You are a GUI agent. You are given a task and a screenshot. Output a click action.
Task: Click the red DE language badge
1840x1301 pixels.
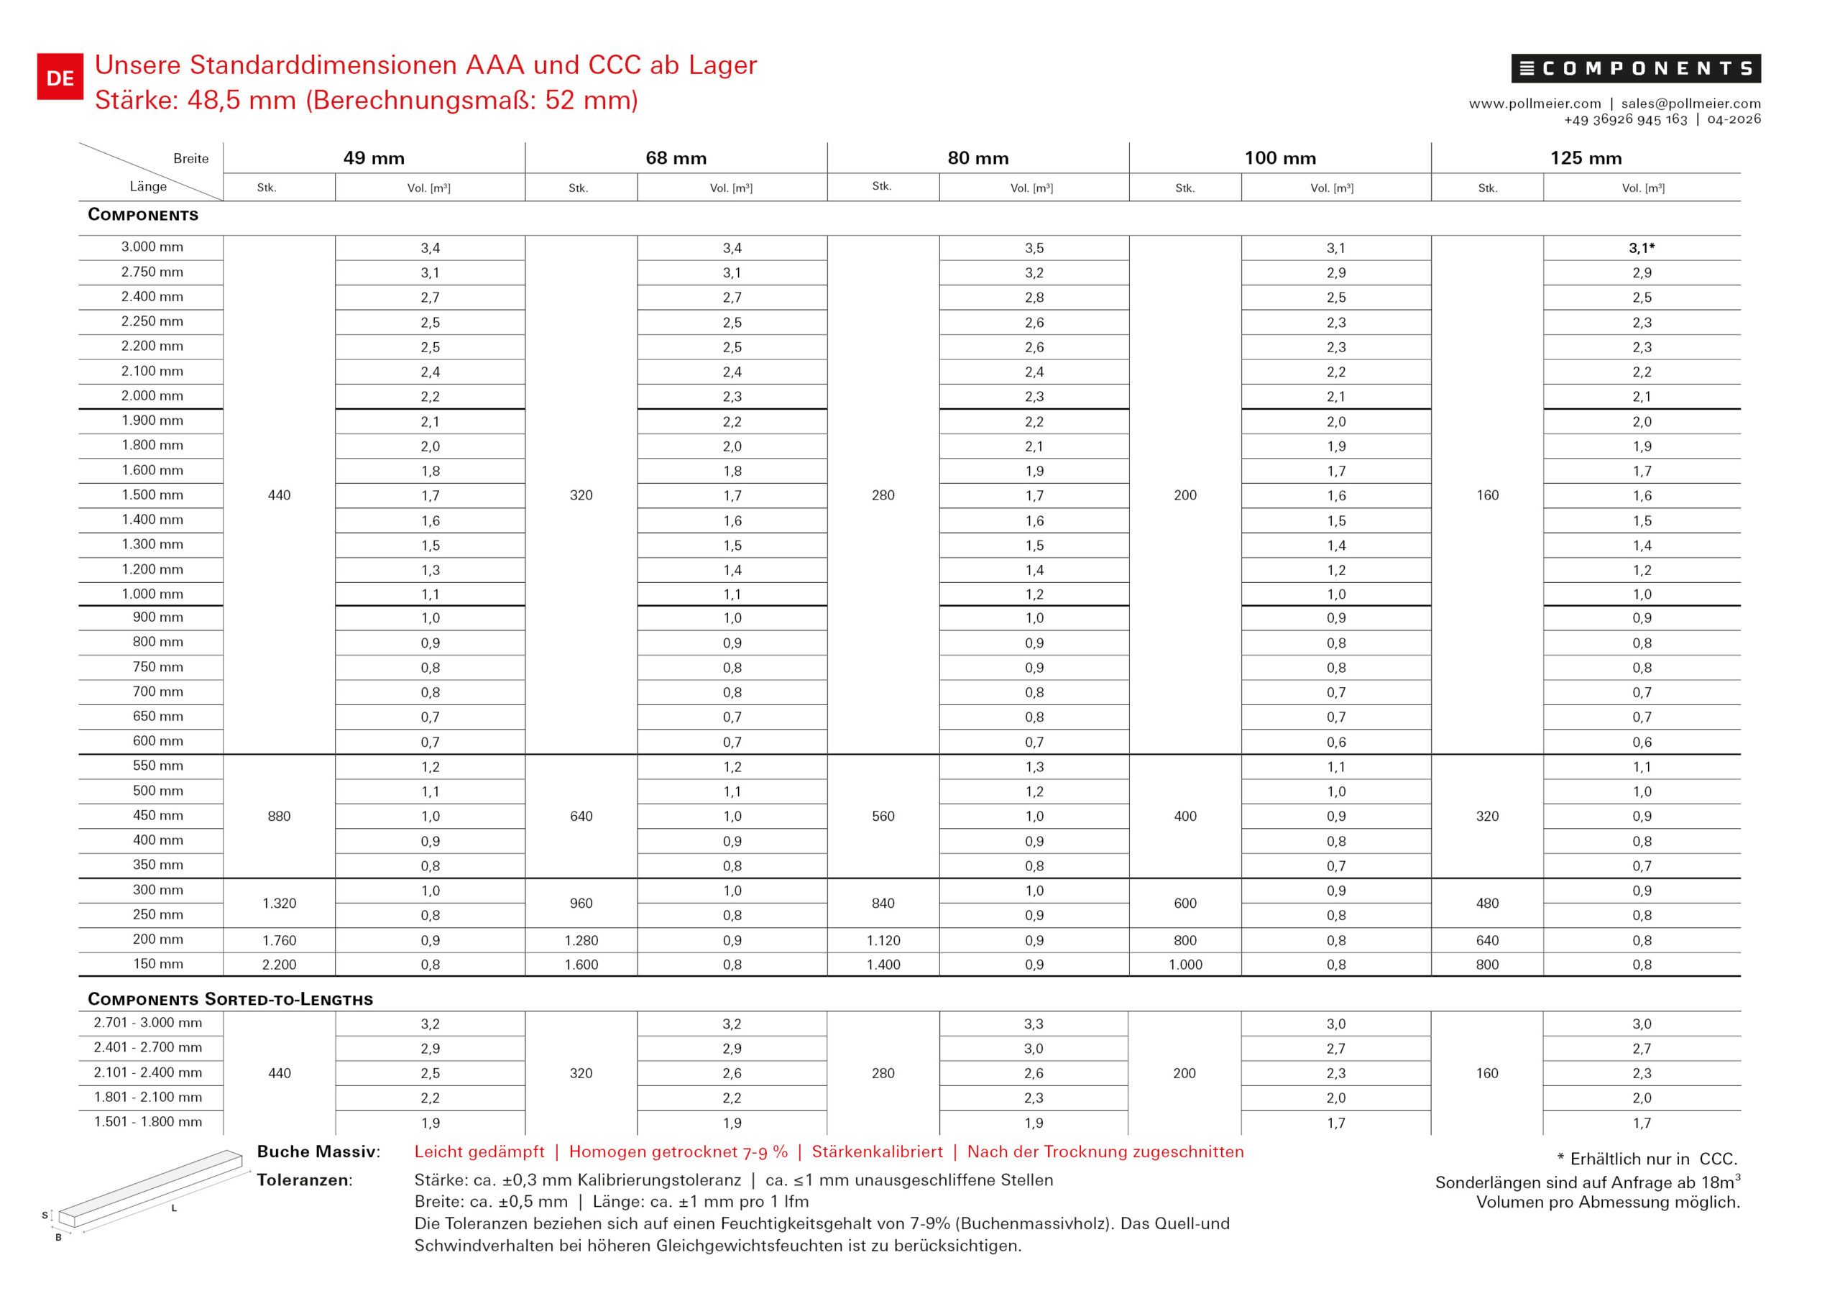tap(60, 78)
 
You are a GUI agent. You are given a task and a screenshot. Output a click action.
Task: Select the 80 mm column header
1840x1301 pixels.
tap(977, 158)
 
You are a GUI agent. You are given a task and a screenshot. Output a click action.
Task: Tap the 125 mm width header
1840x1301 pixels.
tap(1585, 158)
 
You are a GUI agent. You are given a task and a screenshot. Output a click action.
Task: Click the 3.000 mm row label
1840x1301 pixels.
tap(152, 247)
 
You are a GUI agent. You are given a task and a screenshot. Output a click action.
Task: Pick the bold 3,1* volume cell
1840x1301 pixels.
tap(1641, 249)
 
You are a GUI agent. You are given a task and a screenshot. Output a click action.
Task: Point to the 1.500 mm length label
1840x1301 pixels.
tap(152, 495)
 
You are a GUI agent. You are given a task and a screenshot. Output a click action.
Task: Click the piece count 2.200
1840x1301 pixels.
tap(279, 965)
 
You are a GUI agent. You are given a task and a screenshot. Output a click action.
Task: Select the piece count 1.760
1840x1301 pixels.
tap(279, 940)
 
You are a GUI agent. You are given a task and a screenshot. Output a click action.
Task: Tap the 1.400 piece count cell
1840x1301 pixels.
tap(883, 965)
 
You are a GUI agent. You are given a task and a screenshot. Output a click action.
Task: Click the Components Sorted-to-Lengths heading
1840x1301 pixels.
tap(230, 999)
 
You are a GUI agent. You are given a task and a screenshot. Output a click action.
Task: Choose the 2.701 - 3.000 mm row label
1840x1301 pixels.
tap(148, 1023)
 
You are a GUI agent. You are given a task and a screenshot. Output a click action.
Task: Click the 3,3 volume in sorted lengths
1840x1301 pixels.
tap(1034, 1024)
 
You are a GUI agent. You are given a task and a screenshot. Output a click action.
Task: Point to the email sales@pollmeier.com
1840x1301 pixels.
tap(1691, 104)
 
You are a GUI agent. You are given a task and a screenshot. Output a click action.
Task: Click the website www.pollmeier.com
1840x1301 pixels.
tap(1535, 104)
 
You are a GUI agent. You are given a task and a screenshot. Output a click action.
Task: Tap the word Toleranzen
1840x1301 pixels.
tap(304, 1180)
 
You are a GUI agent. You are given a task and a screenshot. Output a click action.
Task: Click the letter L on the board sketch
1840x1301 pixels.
tap(174, 1208)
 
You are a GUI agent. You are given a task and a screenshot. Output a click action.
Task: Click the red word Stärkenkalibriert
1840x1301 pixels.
tap(877, 1152)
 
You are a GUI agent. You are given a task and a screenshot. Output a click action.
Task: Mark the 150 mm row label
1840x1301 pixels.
tap(158, 963)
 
